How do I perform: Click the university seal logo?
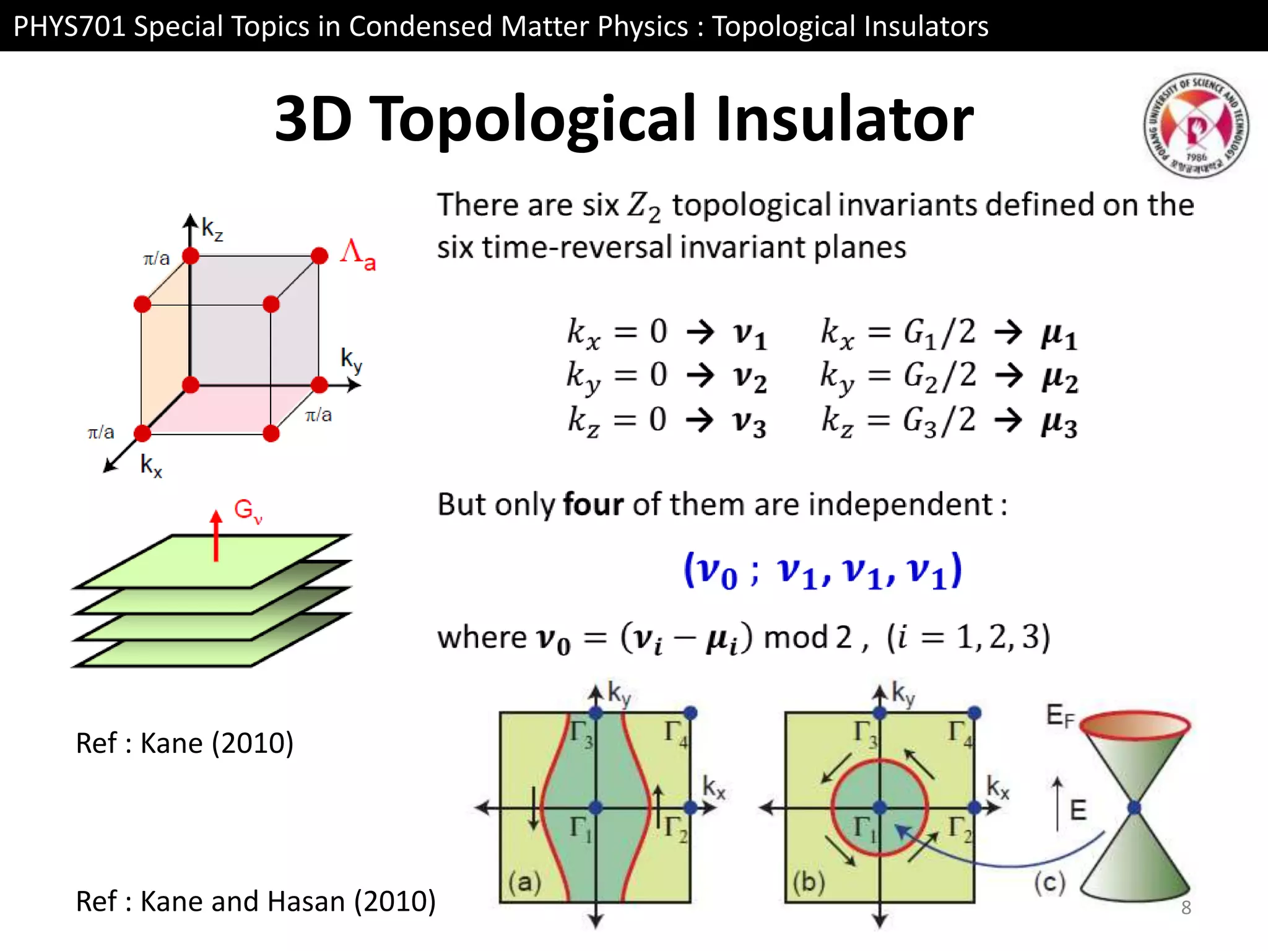pyautogui.click(x=1196, y=126)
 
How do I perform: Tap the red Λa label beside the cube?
pyautogui.click(x=357, y=254)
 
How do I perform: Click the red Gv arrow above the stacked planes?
pyautogui.click(x=216, y=536)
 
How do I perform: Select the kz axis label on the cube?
pyautogui.click(x=212, y=229)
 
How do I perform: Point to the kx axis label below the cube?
pyautogui.click(x=151, y=465)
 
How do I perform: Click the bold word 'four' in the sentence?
pyautogui.click(x=593, y=504)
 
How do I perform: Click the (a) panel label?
pyautogui.click(x=524, y=882)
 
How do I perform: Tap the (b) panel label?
pyautogui.click(x=809, y=882)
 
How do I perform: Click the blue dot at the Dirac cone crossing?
pyautogui.click(x=1134, y=807)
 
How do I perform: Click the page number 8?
pyautogui.click(x=1186, y=908)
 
